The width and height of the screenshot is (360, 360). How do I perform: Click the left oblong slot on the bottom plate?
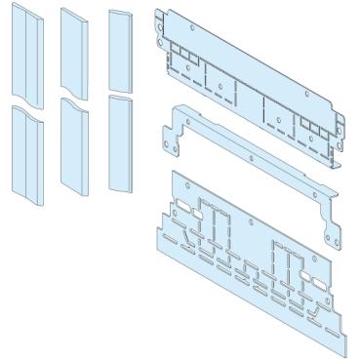182,208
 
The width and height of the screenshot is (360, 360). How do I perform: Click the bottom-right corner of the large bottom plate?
342,353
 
